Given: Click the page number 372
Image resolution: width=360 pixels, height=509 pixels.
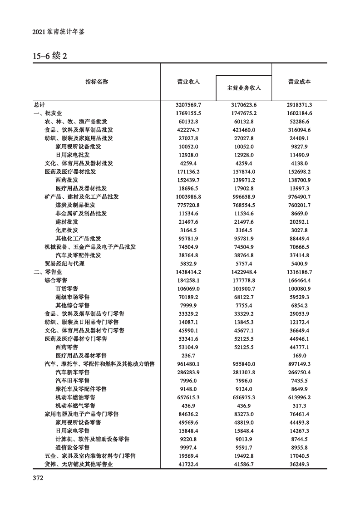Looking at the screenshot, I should pos(38,478).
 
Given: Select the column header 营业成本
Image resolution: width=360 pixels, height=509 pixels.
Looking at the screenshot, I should pos(299,82).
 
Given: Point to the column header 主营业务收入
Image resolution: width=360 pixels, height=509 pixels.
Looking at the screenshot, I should pos(244,88).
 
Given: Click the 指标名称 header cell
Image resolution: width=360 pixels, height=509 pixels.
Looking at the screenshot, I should pos(97,82).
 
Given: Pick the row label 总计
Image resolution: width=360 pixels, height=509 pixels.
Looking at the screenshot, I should pos(39,104).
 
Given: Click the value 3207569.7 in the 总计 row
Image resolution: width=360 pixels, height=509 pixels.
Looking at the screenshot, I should pos(188,104).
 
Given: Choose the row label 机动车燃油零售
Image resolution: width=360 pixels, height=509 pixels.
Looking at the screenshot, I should pos(75,397).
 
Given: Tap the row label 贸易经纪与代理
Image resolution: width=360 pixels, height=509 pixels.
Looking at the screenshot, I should pos(64,263).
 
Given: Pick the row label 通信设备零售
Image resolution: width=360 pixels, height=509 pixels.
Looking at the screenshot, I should pos(73,447).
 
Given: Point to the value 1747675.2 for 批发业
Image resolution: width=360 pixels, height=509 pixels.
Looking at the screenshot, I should pos(243,113).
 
